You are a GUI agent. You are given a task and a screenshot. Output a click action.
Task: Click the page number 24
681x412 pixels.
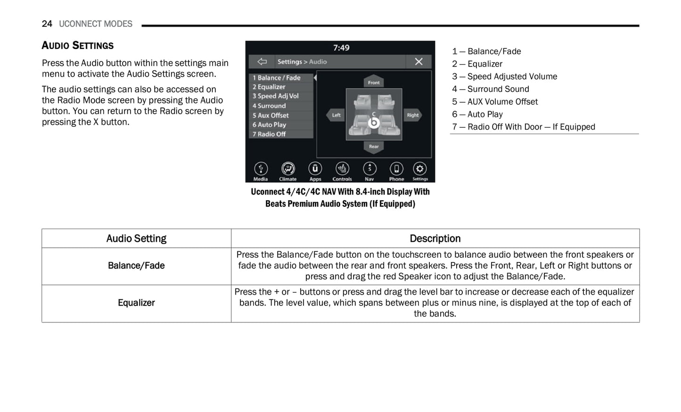[47, 24]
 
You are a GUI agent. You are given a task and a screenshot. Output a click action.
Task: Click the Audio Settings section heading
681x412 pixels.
[78, 46]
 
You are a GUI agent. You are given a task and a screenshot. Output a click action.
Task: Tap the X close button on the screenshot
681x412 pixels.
[418, 62]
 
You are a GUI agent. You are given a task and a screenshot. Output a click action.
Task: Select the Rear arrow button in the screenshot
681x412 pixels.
[374, 147]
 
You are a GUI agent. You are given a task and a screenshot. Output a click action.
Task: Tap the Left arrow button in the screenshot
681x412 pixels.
[336, 115]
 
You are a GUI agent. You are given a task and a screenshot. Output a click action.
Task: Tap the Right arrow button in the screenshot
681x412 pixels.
[413, 115]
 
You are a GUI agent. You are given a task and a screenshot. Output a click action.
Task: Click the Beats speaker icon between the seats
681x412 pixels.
[374, 123]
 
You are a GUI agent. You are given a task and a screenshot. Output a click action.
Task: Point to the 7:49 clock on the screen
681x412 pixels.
[341, 48]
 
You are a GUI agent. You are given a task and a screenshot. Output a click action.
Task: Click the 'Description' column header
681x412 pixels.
[435, 239]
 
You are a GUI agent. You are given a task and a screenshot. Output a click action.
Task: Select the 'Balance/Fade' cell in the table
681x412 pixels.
[136, 266]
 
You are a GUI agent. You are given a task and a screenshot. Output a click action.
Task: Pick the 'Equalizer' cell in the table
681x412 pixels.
[136, 303]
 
